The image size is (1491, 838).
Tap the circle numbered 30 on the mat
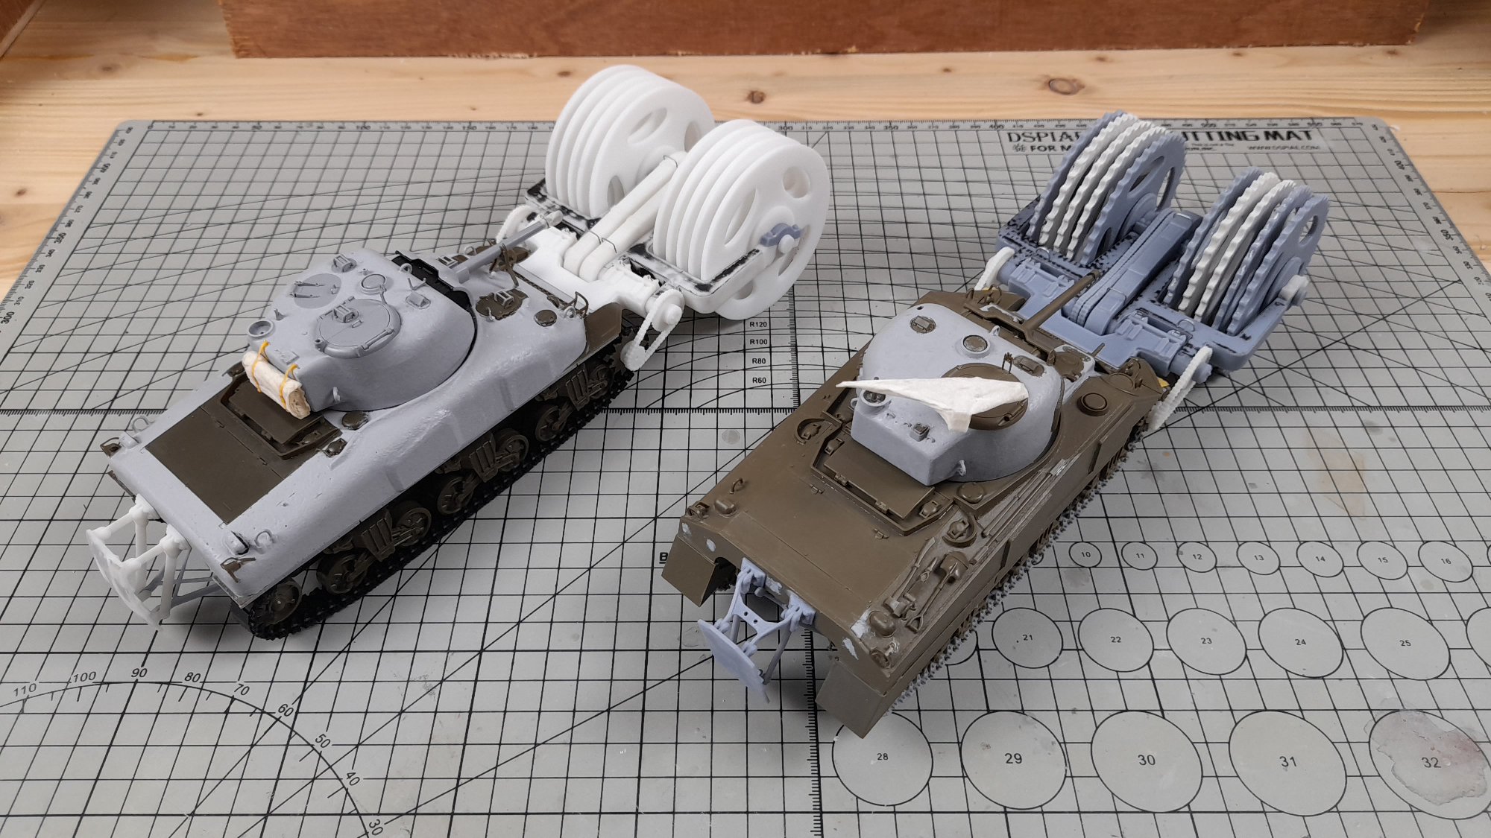pos(1147,759)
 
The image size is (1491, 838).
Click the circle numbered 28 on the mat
pos(883,757)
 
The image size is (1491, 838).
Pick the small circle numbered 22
pos(1116,639)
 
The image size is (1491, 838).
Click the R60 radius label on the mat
pos(759,381)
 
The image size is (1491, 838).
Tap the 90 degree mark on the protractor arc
pos(139,673)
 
